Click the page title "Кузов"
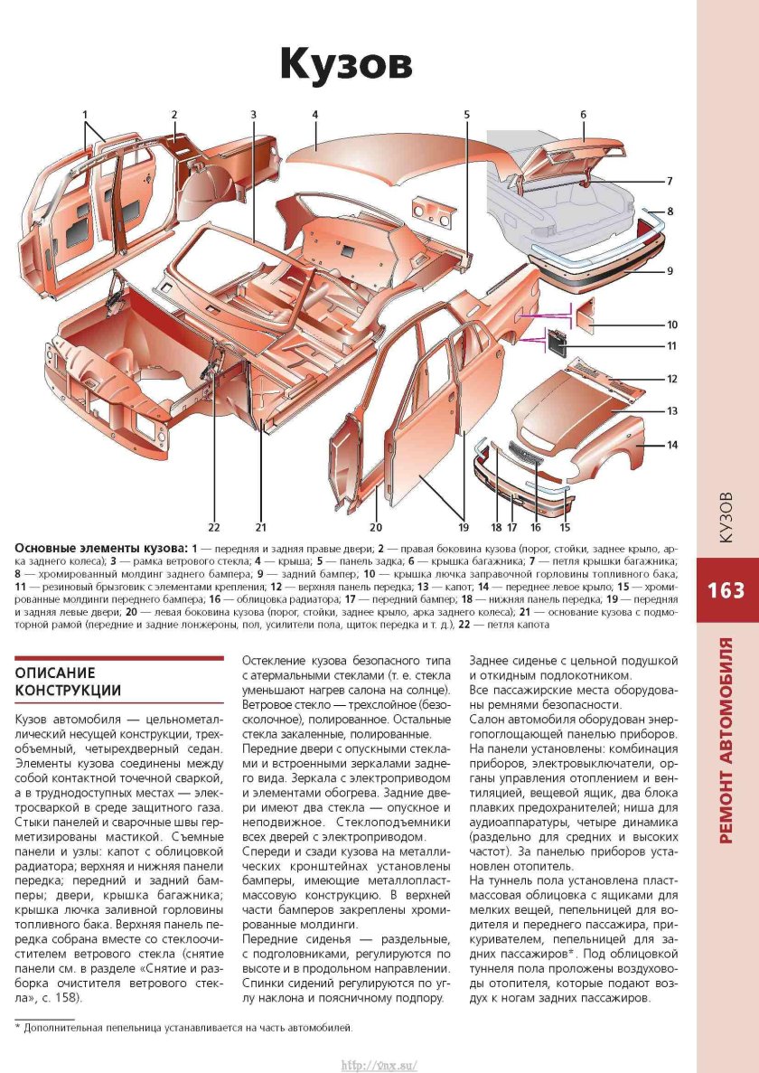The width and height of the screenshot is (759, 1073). pos(345,64)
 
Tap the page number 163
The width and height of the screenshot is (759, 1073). pos(726,590)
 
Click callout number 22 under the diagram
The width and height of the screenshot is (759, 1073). pos(214,526)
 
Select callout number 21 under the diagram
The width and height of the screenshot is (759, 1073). pos(260,526)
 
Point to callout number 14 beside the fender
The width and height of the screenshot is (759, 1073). pos(672,445)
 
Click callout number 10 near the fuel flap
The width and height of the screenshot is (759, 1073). pos(672,325)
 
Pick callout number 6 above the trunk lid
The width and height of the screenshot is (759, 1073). pos(583,115)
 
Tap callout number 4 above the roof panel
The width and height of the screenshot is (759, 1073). pos(315,115)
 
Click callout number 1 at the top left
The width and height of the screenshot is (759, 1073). pos(85,115)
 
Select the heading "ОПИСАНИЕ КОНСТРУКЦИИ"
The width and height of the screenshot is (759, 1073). pos(68,682)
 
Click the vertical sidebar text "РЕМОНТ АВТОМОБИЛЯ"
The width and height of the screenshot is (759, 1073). pos(726,741)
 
